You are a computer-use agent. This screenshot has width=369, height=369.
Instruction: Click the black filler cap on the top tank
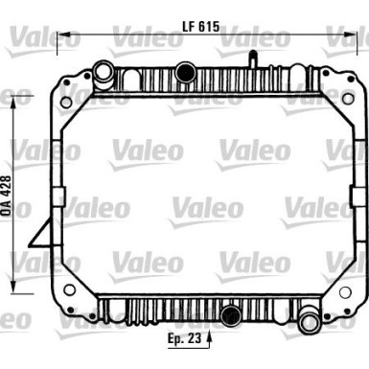pos(183,69)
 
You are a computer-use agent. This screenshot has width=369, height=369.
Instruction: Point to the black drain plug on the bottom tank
pos(230,314)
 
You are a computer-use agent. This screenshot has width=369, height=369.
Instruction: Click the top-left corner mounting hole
pos(66,100)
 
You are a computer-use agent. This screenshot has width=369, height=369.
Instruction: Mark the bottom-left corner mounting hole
pos(69,289)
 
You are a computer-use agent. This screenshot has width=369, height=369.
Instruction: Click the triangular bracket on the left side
pos(44,234)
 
